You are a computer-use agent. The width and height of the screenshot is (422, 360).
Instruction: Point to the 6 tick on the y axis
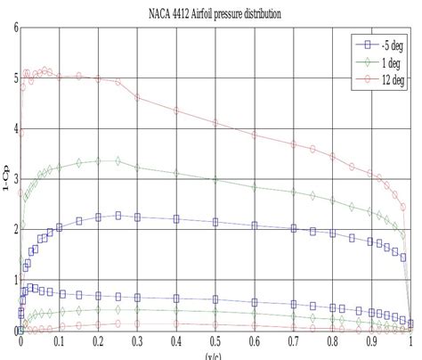pos(15,28)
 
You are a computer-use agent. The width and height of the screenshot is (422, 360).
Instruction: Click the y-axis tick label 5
pos(15,78)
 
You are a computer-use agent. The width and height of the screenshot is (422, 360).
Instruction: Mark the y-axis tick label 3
pos(15,179)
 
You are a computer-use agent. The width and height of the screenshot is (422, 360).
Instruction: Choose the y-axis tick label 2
pos(15,229)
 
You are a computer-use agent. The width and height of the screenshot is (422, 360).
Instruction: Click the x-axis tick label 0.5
pos(215,341)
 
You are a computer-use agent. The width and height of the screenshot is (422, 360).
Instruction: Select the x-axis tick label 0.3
pos(137,341)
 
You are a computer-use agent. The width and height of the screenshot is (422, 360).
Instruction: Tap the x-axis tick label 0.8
pos(332,341)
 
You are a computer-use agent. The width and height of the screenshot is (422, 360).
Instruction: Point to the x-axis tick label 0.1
pos(59,341)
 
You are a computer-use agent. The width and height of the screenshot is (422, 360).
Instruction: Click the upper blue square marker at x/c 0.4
pos(176,218)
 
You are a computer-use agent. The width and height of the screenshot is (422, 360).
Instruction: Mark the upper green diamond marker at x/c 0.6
pos(255,187)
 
